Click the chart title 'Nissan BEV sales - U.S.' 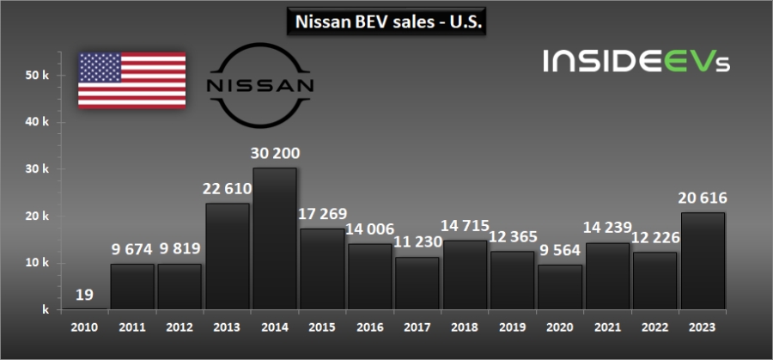[x=386, y=21]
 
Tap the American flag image [x=132, y=80]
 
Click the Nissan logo [x=261, y=86]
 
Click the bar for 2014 [x=275, y=238]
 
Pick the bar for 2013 [x=228, y=256]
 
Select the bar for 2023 [x=703, y=260]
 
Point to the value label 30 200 [x=275, y=153]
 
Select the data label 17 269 [x=323, y=214]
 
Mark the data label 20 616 [x=703, y=198]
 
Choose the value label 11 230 [x=417, y=242]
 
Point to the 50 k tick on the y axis [x=36, y=76]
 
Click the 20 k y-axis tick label [x=36, y=216]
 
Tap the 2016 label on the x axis [x=369, y=326]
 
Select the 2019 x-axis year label [x=512, y=326]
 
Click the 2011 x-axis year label [x=132, y=326]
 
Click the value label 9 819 [x=180, y=249]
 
